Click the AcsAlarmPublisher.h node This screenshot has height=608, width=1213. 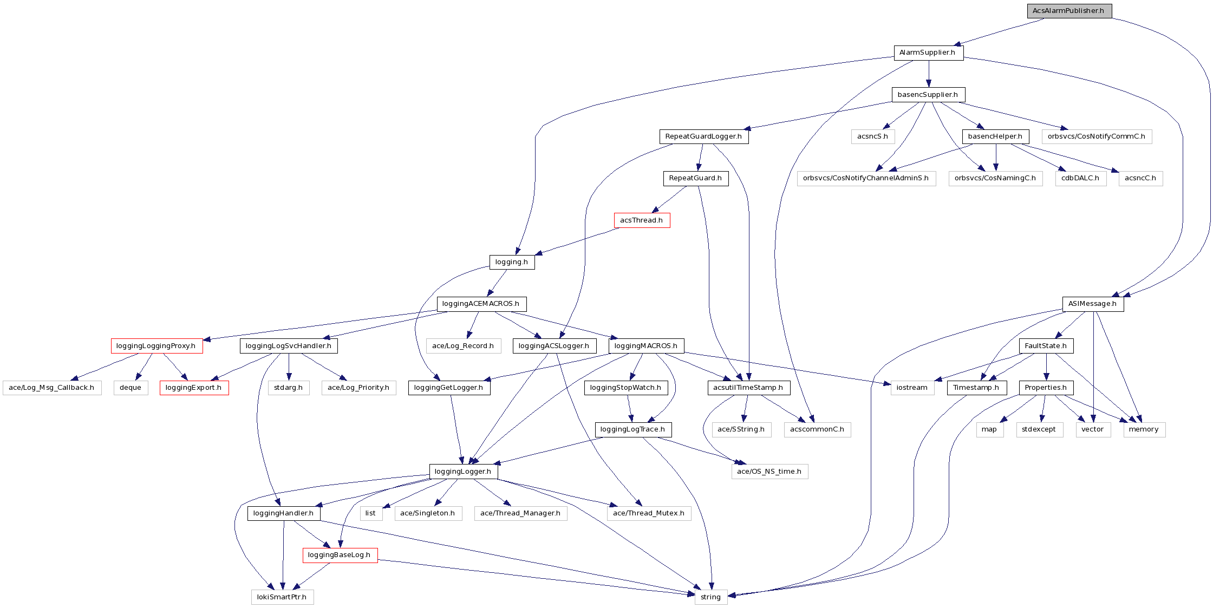point(1069,11)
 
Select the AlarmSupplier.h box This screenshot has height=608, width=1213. point(928,53)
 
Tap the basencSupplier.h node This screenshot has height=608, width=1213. point(928,95)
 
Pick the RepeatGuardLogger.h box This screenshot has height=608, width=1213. point(703,136)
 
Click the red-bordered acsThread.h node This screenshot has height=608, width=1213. point(642,220)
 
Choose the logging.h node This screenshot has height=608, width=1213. point(512,262)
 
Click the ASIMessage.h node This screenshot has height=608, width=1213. point(1093,304)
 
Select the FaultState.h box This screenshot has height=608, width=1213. point(1046,346)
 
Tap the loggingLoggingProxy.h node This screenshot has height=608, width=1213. point(156,346)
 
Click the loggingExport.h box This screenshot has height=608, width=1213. point(194,388)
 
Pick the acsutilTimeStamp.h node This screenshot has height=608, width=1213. point(748,388)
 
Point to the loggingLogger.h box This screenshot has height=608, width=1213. point(463,472)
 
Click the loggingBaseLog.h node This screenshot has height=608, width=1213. point(340,555)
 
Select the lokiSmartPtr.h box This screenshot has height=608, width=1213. point(282,597)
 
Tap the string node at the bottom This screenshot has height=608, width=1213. point(710,597)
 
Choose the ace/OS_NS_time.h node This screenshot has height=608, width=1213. point(769,472)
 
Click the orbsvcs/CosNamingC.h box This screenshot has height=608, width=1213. point(995,178)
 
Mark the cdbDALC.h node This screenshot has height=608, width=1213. point(1080,178)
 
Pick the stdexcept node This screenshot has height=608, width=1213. point(1039,429)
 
